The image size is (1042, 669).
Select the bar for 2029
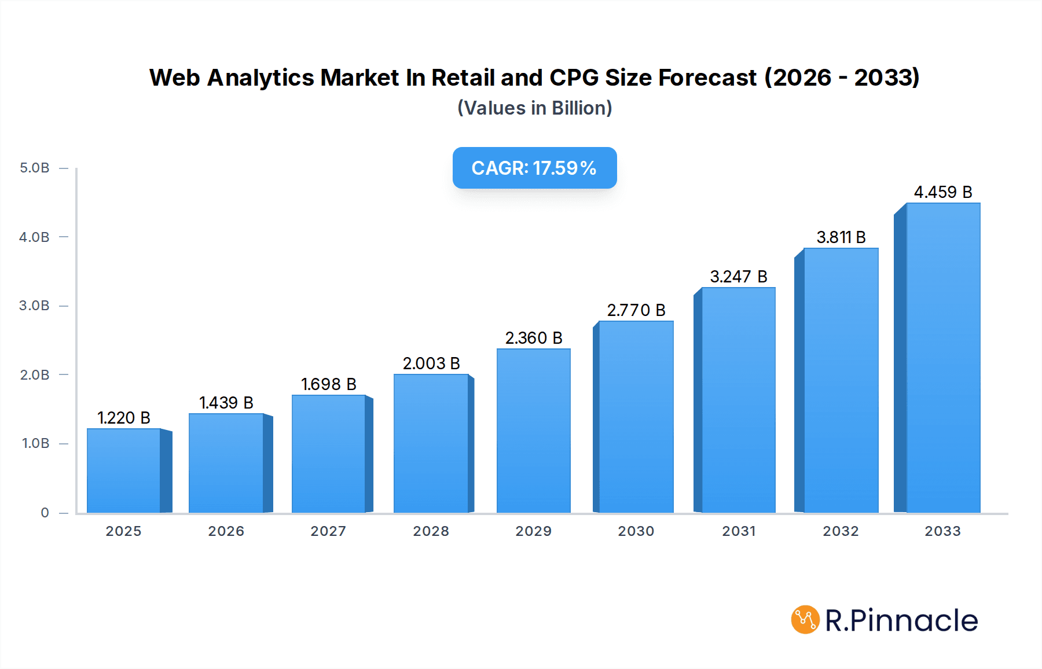coord(533,431)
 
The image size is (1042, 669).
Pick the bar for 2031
coord(738,400)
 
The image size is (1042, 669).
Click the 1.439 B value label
coord(226,403)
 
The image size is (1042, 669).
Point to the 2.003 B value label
coord(431,363)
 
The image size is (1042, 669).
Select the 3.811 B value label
coord(841,237)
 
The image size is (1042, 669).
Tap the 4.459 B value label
coord(942,192)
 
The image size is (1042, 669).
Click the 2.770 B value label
coord(636,310)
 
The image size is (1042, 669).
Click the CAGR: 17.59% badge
coord(534,168)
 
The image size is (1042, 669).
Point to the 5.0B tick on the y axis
coord(35,168)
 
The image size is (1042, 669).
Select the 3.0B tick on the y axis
coord(35,306)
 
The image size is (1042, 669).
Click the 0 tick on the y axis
coord(45,512)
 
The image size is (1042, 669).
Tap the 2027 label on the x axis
coord(328,531)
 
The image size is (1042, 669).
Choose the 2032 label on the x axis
coord(841,531)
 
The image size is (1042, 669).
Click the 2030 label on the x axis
coord(636,531)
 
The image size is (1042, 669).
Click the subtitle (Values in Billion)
coord(534,108)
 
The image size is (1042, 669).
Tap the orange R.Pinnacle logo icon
coord(805,620)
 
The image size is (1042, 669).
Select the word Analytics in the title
coord(260,78)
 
